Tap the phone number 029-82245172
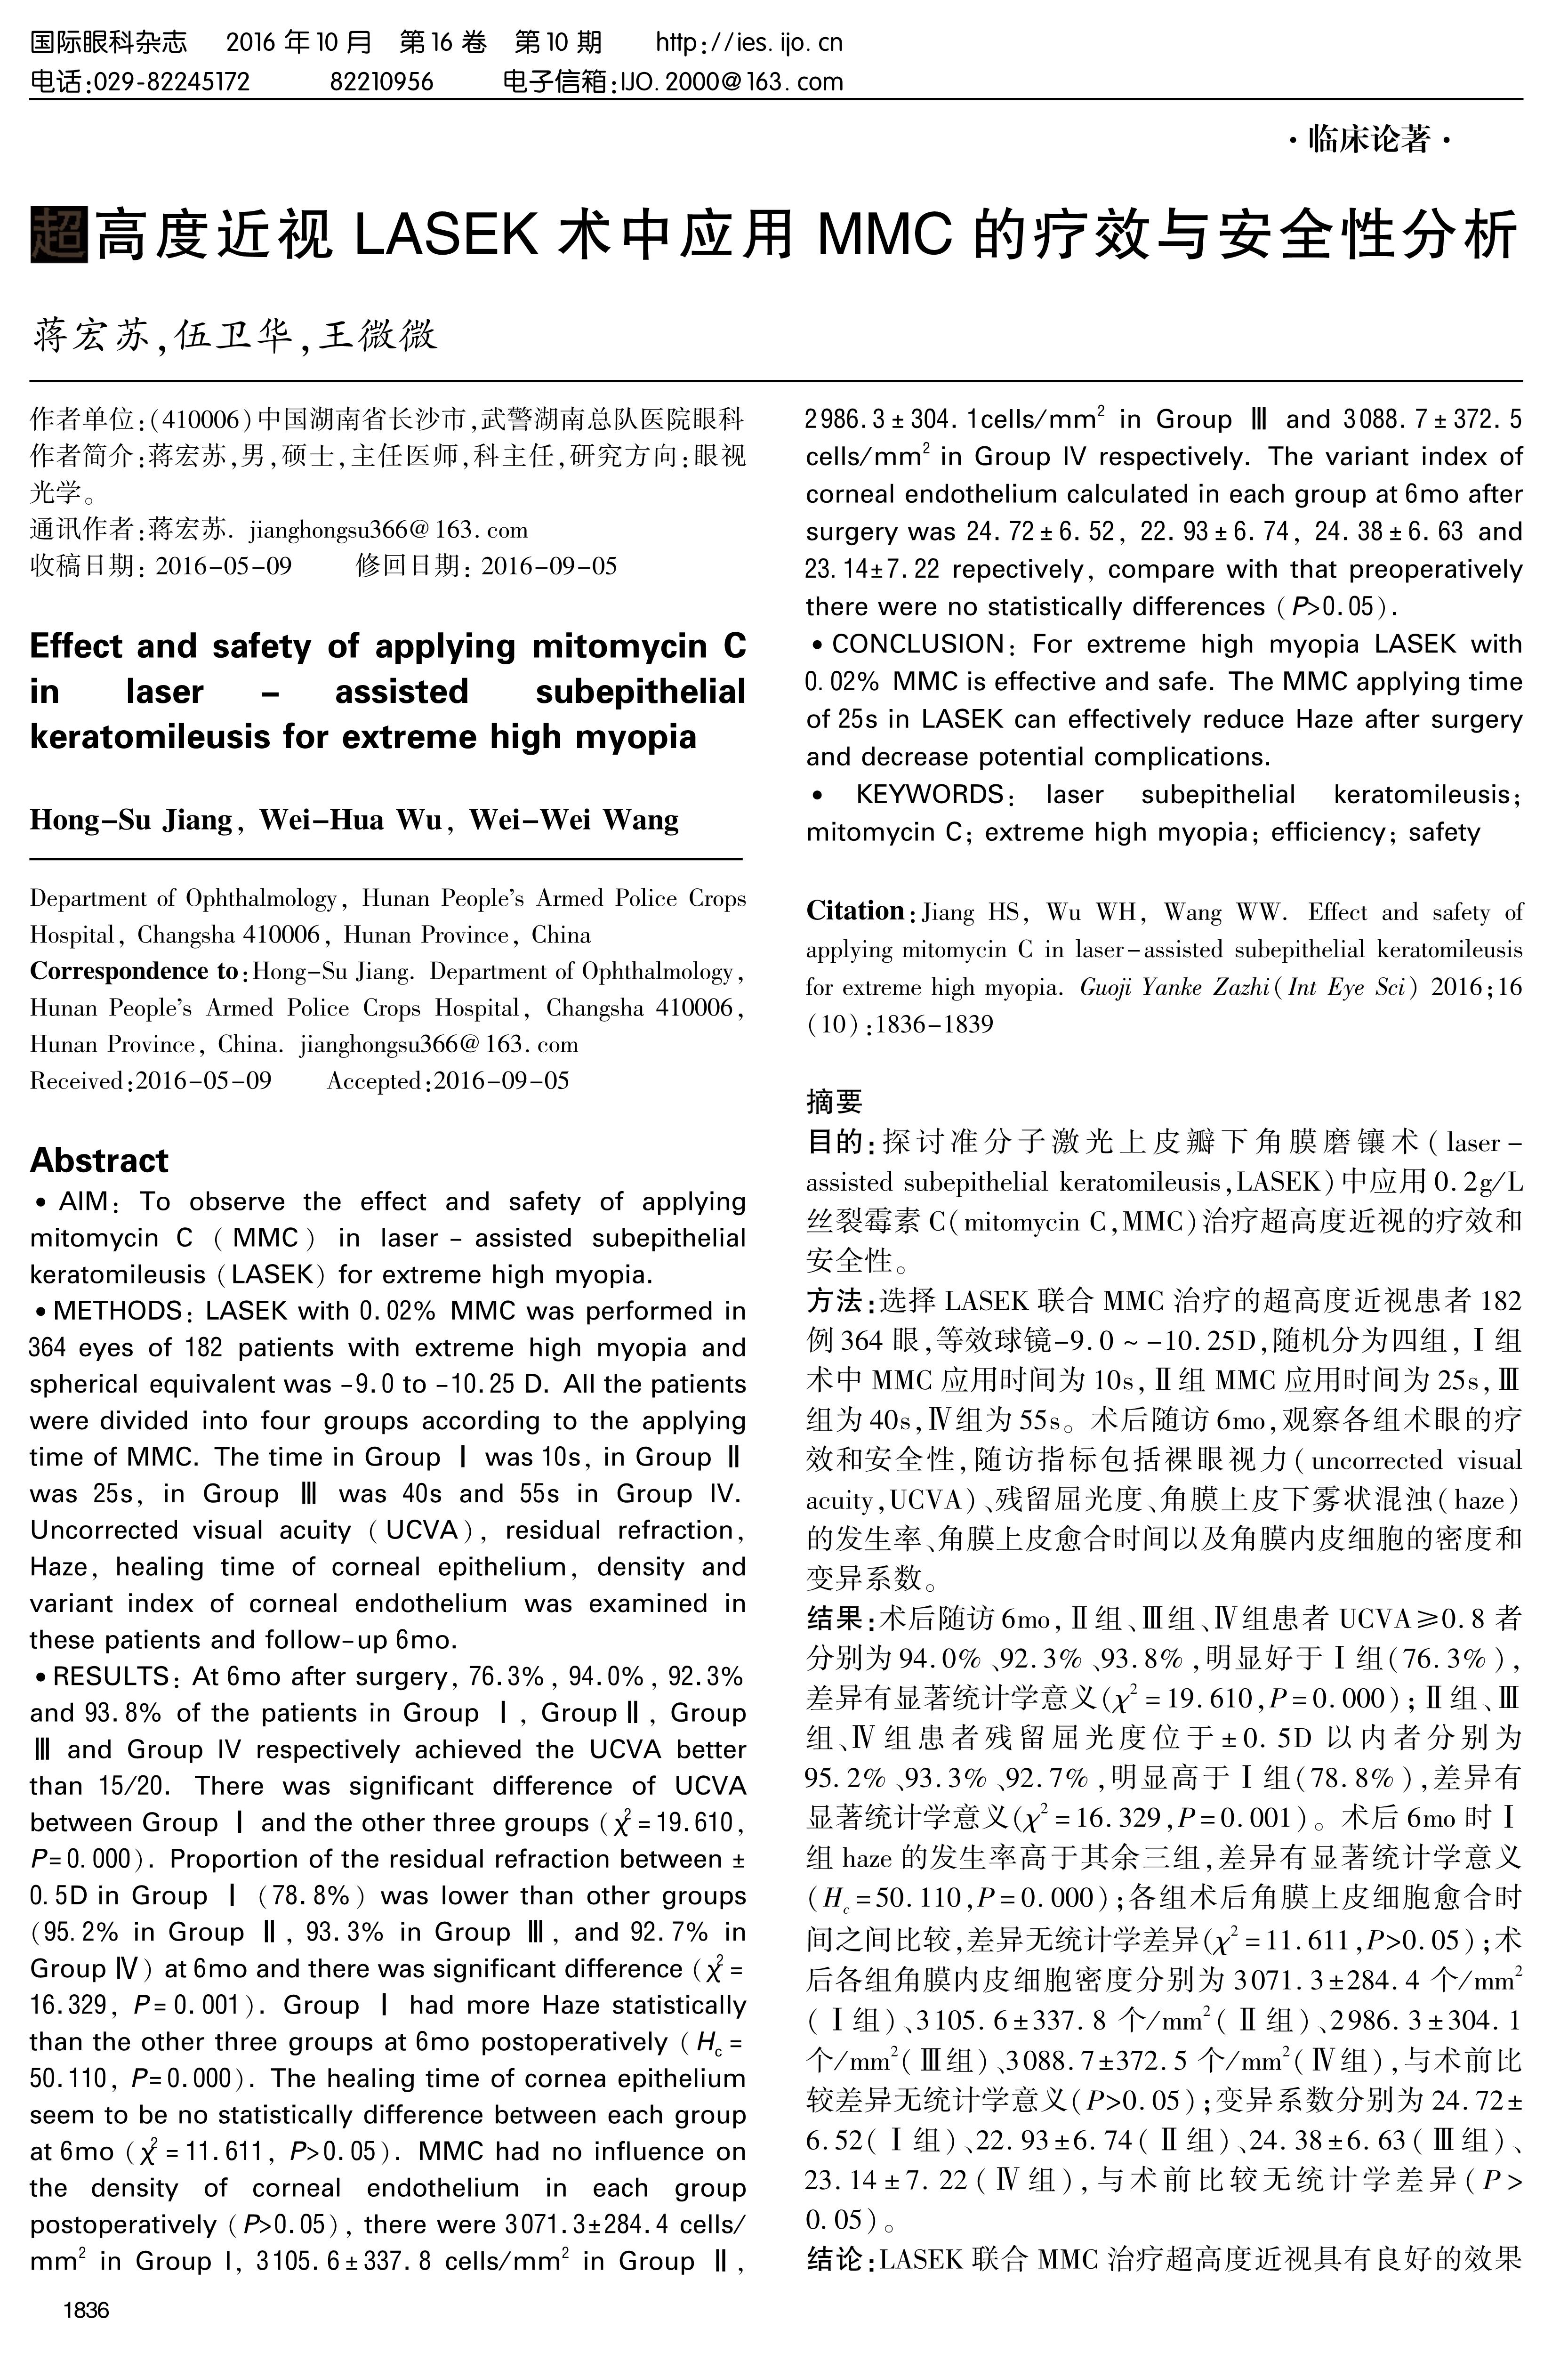[169, 81]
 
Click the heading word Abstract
[99, 1160]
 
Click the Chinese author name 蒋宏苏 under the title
[91, 337]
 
